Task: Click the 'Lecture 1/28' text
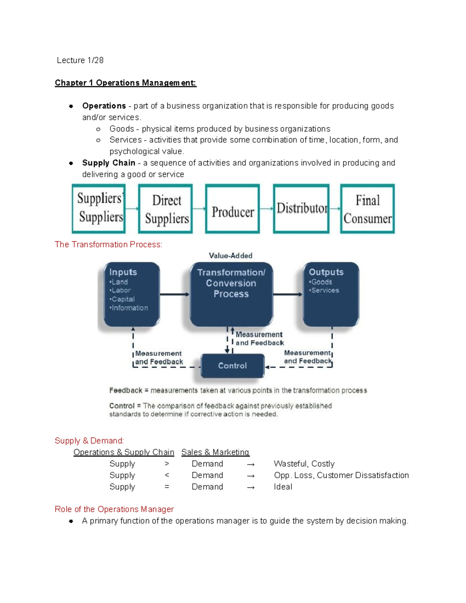[80, 60]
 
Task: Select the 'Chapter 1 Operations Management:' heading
[125, 83]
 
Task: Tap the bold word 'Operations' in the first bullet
[104, 106]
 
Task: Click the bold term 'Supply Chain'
[109, 163]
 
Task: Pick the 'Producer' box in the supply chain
[233, 209]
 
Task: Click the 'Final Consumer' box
[367, 209]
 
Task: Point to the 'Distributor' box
[301, 209]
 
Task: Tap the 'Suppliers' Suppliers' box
[99, 209]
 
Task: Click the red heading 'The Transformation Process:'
[108, 244]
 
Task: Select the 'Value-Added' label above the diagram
[231, 255]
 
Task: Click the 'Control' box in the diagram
[232, 365]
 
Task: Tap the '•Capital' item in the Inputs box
[122, 299]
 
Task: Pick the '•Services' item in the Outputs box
[324, 290]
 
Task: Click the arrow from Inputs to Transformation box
[174, 294]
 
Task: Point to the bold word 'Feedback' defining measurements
[126, 390]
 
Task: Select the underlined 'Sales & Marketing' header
[215, 452]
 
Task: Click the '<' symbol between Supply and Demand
[167, 475]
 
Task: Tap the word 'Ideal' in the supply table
[283, 487]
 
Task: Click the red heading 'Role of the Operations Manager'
[114, 509]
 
